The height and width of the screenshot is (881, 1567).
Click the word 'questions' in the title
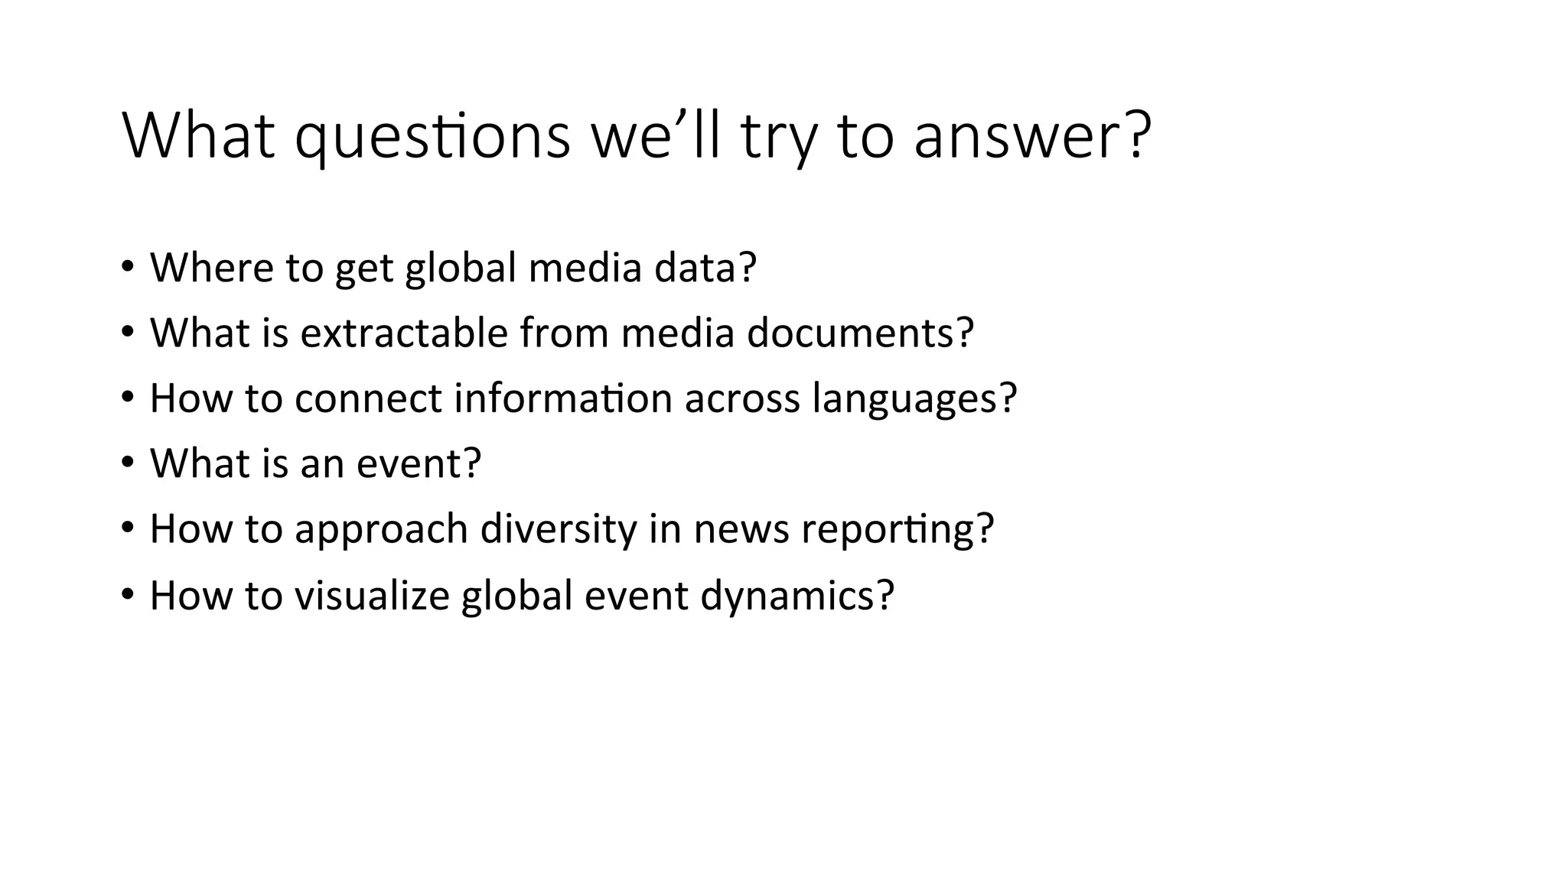[432, 138]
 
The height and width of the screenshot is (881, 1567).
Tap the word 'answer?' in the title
[1032, 138]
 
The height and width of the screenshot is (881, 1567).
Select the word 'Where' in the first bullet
[211, 268]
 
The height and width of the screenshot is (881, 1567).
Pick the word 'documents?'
[860, 333]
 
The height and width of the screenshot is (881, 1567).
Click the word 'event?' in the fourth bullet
[419, 463]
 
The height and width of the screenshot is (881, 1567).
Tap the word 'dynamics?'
[797, 595]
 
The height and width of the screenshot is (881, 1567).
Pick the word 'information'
[562, 398]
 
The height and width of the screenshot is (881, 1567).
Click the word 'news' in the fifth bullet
[741, 529]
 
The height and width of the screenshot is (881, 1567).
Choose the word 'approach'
[380, 529]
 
